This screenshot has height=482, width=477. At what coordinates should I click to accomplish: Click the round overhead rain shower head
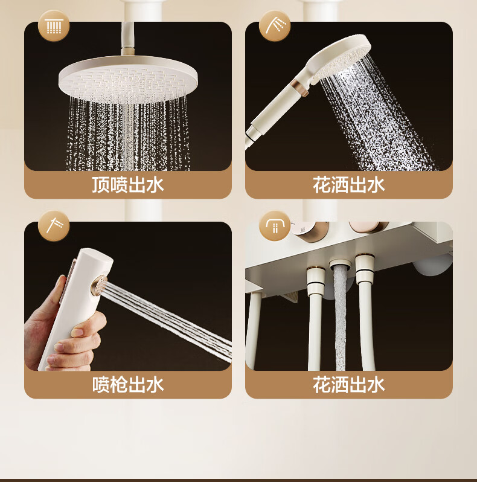coord(128,79)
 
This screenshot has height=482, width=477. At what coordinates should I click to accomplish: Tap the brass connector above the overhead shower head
coord(127,50)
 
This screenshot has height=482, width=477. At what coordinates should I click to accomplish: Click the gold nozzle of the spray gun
coord(99,286)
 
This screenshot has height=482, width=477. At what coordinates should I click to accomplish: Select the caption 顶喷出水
coord(128,185)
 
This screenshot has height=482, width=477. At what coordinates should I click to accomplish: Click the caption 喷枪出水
coord(128,384)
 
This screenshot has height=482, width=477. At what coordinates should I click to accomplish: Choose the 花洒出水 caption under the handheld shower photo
coord(349,185)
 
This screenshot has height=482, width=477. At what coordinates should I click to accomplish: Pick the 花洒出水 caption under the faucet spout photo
coord(349,384)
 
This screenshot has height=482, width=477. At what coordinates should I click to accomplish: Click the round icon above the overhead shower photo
coord(54,25)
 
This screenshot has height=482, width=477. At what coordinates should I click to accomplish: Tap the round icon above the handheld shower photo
coord(275,25)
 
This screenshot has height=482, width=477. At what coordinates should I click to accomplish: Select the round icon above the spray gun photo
coord(54,226)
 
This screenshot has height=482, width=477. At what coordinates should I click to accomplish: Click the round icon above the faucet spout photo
coord(275,226)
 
